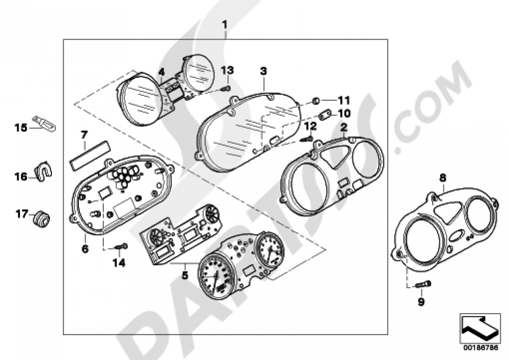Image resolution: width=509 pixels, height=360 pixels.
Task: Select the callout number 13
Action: tap(228, 70)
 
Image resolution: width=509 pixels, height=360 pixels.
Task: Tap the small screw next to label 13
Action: tap(227, 88)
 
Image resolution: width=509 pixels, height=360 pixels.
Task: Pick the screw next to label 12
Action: tap(307, 137)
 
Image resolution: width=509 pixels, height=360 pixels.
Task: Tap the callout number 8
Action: tap(442, 178)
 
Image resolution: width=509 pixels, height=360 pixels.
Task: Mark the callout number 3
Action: tap(263, 72)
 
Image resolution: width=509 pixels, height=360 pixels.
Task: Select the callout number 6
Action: tap(84, 249)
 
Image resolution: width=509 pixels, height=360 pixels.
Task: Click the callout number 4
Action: tap(161, 71)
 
